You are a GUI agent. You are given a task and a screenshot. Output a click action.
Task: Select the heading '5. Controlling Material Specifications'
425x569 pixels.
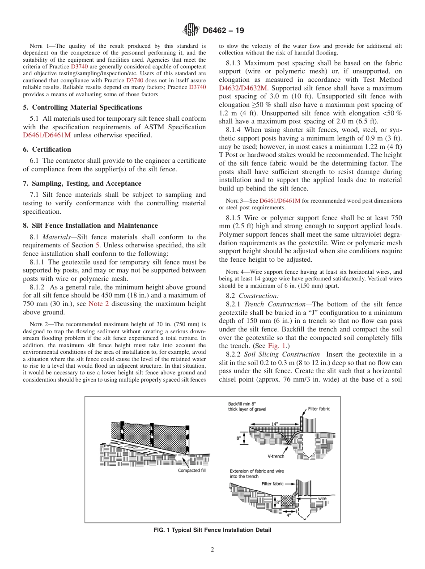click(x=82, y=107)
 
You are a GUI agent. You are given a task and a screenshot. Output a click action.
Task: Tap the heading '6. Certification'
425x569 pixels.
click(x=47, y=149)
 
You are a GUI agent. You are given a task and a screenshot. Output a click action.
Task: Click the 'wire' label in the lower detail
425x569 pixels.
click(x=323, y=498)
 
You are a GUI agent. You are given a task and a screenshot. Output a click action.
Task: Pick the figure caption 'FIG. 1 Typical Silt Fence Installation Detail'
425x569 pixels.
click(x=212, y=530)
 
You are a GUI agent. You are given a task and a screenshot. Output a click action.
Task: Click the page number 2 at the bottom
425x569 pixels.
click(x=212, y=550)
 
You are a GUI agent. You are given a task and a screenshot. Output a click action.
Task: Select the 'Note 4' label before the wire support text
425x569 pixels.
click(x=227, y=272)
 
